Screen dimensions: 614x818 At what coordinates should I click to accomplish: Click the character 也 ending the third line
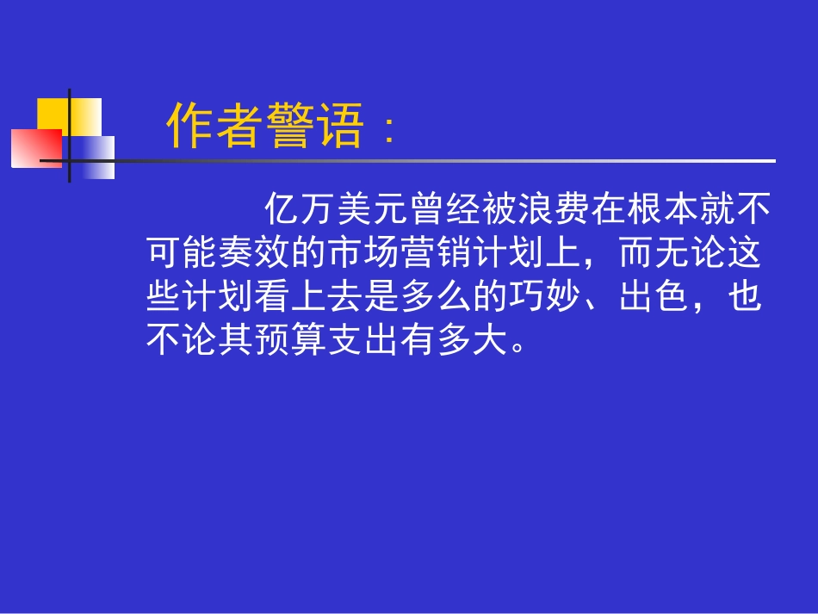[745, 298]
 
